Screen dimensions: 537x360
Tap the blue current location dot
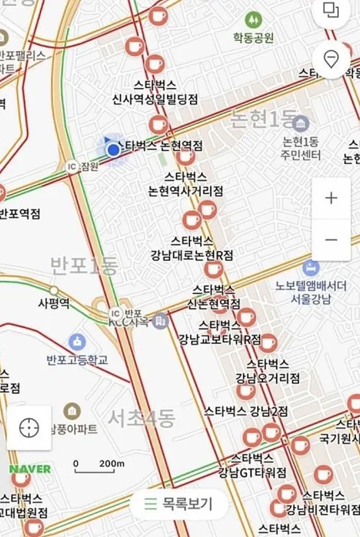tap(113, 150)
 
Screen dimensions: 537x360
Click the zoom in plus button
tap(331, 198)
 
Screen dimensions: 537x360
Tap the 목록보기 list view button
tap(178, 504)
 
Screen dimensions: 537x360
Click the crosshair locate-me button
tap(29, 428)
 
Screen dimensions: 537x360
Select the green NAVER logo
tap(30, 469)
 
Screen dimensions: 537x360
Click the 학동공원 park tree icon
tap(253, 20)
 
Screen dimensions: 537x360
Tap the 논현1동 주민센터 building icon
tap(301, 123)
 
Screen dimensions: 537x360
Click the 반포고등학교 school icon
tap(77, 341)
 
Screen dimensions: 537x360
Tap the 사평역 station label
tap(53, 303)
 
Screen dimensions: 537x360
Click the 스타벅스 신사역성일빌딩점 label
tap(155, 92)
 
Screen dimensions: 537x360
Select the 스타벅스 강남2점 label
tap(245, 411)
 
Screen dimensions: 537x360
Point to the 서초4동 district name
tap(141, 417)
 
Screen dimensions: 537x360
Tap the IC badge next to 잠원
tap(72, 166)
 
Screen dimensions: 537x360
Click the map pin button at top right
tap(331, 60)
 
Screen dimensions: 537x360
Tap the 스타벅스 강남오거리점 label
tap(267, 371)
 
